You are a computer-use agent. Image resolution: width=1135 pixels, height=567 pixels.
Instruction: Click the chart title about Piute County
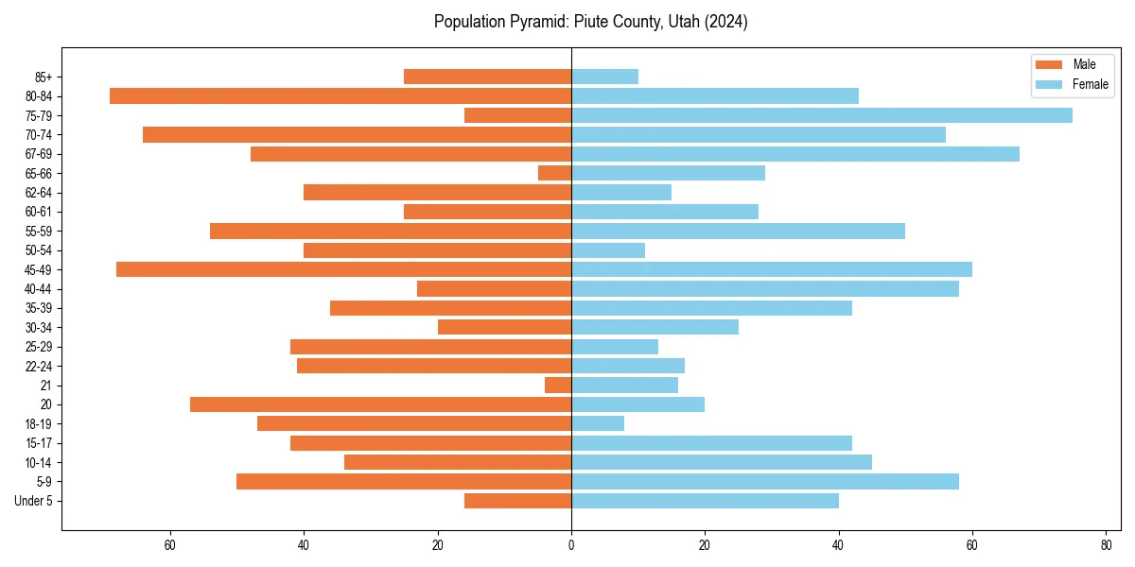click(x=590, y=22)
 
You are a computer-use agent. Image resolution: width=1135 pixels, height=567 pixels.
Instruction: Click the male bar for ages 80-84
click(x=340, y=95)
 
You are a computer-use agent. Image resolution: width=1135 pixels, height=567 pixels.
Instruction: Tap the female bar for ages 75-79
click(x=821, y=115)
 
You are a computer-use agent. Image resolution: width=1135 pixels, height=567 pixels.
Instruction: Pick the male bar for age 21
click(x=558, y=385)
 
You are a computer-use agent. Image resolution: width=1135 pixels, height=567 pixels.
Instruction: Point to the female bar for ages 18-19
click(x=598, y=423)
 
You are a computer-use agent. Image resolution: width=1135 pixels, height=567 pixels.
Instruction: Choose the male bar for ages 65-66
click(x=554, y=173)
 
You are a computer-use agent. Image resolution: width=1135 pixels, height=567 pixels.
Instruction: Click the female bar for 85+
click(x=604, y=77)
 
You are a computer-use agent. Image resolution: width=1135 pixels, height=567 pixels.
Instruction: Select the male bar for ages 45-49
click(x=343, y=269)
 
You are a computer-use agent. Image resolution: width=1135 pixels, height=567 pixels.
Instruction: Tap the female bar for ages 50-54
click(x=608, y=250)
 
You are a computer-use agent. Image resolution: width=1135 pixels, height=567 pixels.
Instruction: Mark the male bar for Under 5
click(x=517, y=501)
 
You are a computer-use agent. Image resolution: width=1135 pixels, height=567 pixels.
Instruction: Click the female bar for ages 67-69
click(x=794, y=154)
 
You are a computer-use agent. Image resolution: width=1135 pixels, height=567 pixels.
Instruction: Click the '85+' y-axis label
click(x=44, y=77)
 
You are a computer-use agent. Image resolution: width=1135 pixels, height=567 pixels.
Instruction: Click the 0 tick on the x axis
click(x=571, y=544)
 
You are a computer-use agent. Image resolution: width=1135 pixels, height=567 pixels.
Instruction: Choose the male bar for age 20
click(x=380, y=404)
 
